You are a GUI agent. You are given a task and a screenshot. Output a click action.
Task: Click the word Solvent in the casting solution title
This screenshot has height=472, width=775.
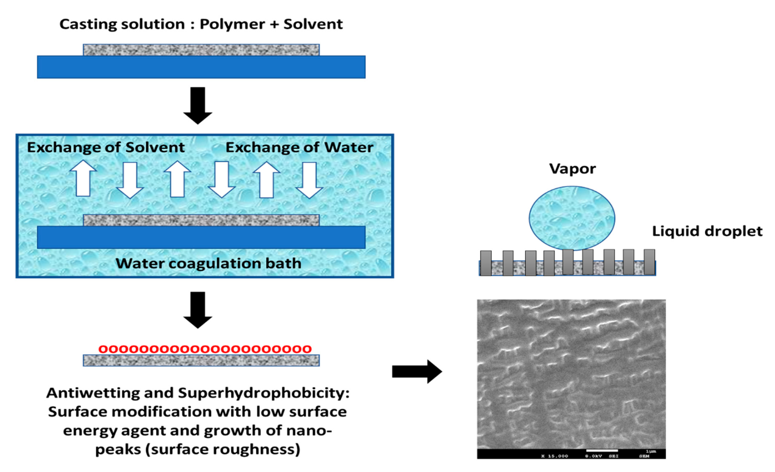313,24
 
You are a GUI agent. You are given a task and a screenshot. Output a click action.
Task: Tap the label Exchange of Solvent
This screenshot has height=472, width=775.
106,147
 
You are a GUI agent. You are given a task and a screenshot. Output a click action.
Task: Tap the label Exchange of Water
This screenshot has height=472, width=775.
299,147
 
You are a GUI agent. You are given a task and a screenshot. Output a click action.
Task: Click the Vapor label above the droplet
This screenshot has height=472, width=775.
572,169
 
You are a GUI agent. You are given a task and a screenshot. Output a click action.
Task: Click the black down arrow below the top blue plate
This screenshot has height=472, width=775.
198,105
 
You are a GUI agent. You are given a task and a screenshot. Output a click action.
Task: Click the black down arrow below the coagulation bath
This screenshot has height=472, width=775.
198,310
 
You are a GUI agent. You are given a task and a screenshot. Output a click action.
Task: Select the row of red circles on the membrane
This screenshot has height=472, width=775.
205,349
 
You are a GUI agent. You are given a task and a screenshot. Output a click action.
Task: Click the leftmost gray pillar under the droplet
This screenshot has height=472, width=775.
486,263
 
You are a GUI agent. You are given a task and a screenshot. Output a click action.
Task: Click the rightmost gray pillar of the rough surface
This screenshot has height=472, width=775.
649,262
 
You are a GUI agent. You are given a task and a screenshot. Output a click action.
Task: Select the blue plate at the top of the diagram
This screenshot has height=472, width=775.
201,67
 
